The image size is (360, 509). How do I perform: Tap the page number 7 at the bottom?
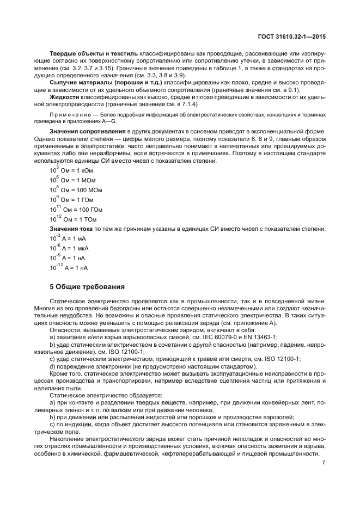[324, 463]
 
